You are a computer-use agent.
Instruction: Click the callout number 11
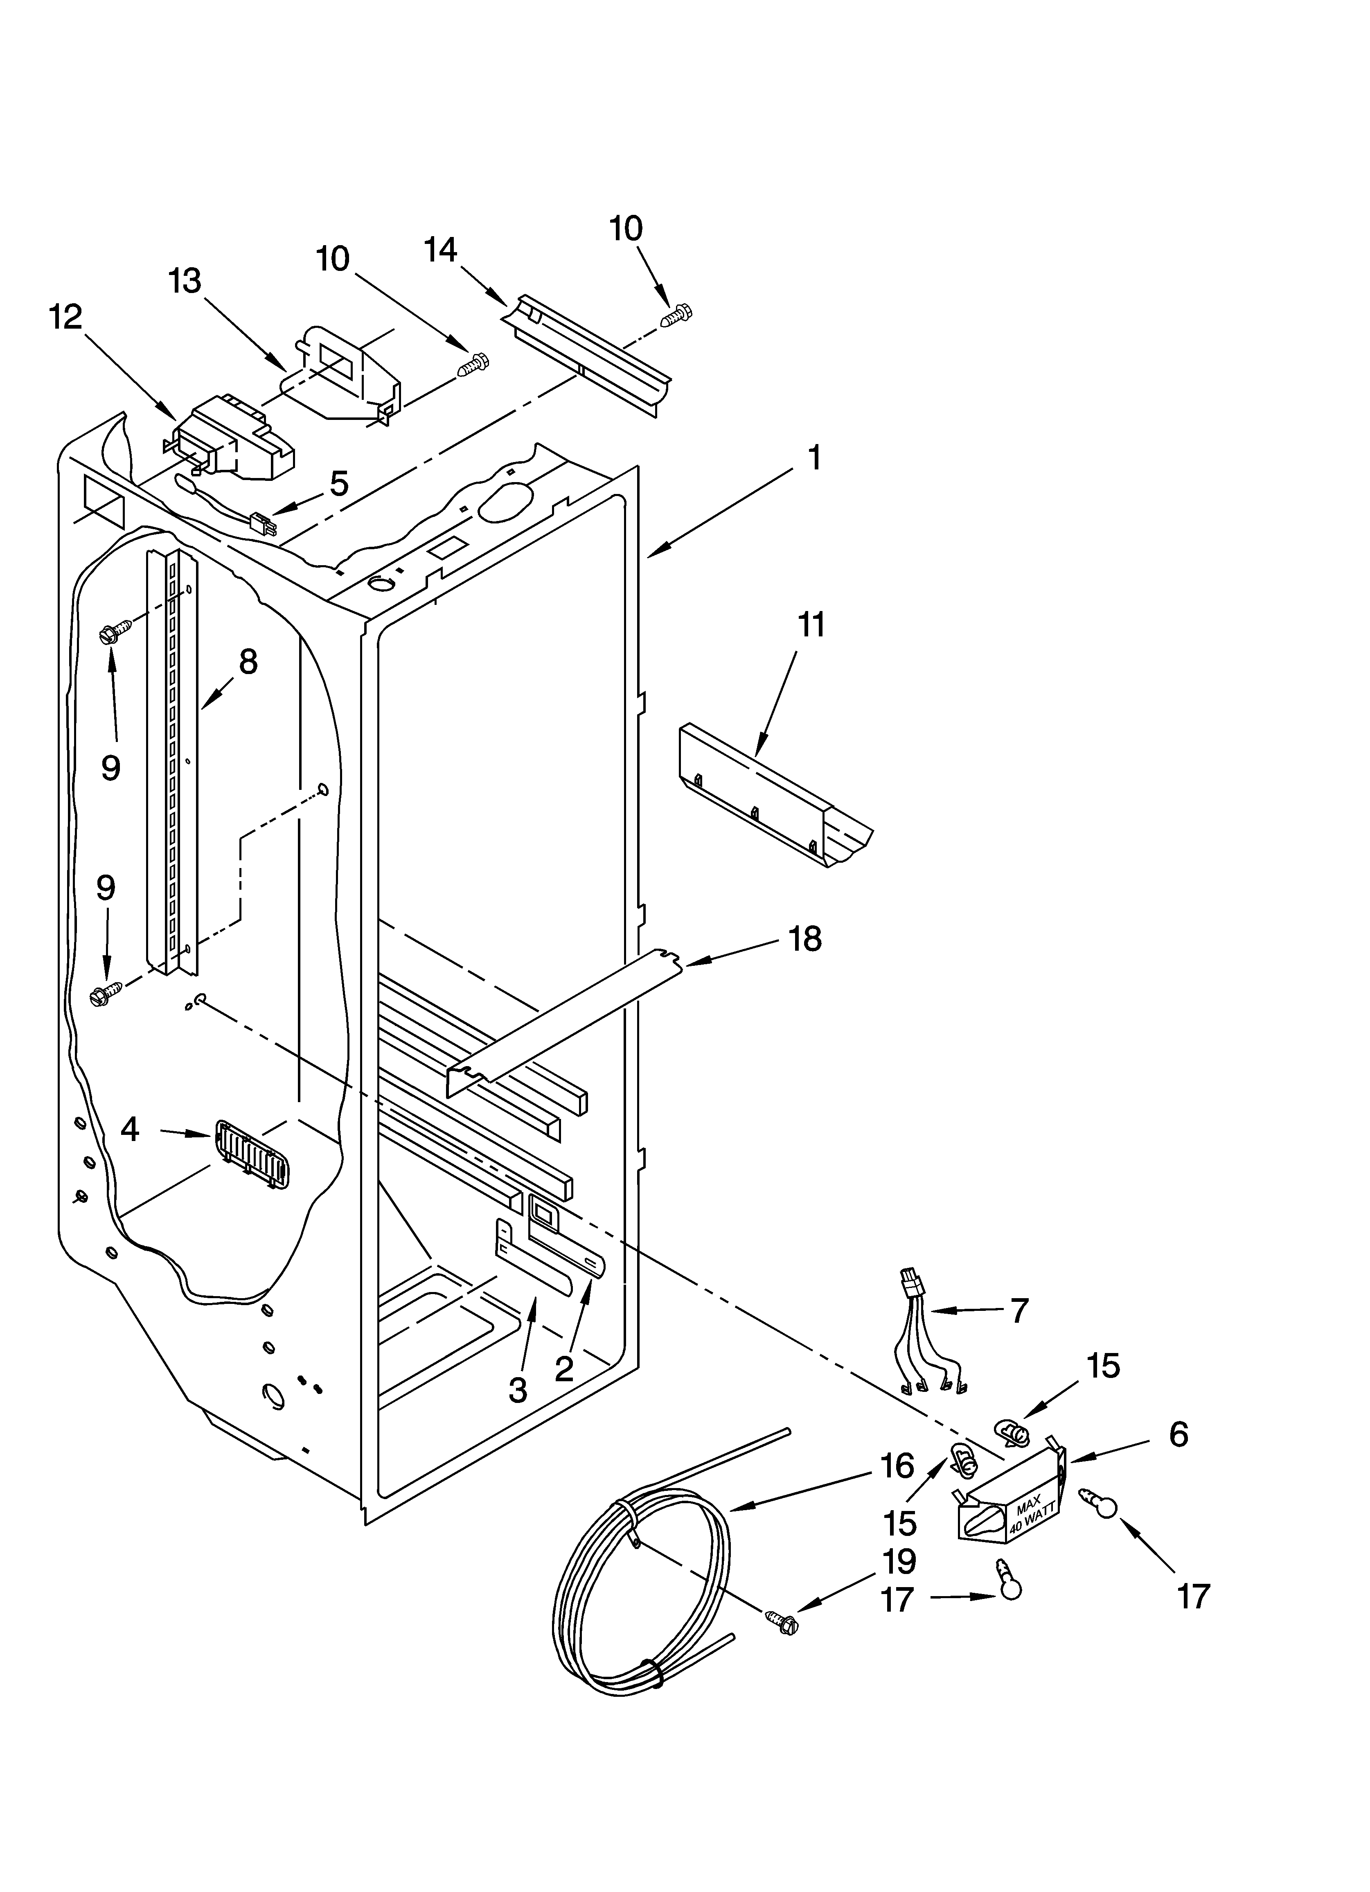[x=811, y=625]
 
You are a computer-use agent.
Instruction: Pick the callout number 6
[x=1178, y=1434]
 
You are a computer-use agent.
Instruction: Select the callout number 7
[x=1019, y=1310]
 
